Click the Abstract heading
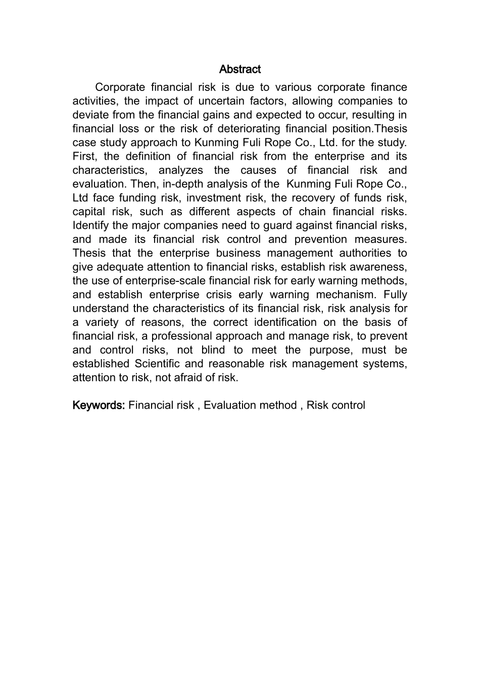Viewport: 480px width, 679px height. pos(240,69)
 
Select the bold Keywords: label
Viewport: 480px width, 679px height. pos(99,405)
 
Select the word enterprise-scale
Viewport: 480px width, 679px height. pos(183,281)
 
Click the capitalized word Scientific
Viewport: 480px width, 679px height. pos(156,364)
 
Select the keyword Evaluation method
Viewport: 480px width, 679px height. pos(250,405)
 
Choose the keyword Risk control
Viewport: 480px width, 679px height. pos(335,405)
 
